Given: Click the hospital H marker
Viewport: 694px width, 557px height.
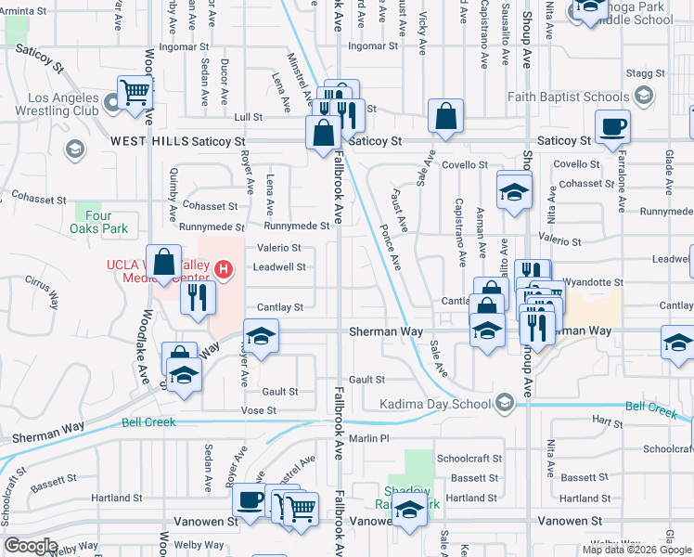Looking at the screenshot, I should (x=224, y=270).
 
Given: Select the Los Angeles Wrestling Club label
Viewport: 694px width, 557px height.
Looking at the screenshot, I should (x=63, y=104).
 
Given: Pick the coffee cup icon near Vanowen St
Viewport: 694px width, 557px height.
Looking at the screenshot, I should (x=248, y=499).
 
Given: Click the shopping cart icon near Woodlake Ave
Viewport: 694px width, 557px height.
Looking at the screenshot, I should (x=135, y=92).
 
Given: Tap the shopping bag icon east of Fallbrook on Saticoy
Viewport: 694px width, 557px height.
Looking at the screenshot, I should (x=446, y=116).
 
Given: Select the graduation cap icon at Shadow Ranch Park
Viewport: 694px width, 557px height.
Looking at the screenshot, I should (x=408, y=510).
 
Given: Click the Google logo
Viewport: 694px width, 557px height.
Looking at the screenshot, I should (x=31, y=546).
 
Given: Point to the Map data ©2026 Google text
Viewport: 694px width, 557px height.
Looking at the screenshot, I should (x=636, y=550).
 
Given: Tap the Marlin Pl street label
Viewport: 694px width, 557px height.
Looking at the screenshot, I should (x=368, y=438).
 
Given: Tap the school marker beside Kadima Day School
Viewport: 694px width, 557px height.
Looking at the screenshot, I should (x=503, y=403).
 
